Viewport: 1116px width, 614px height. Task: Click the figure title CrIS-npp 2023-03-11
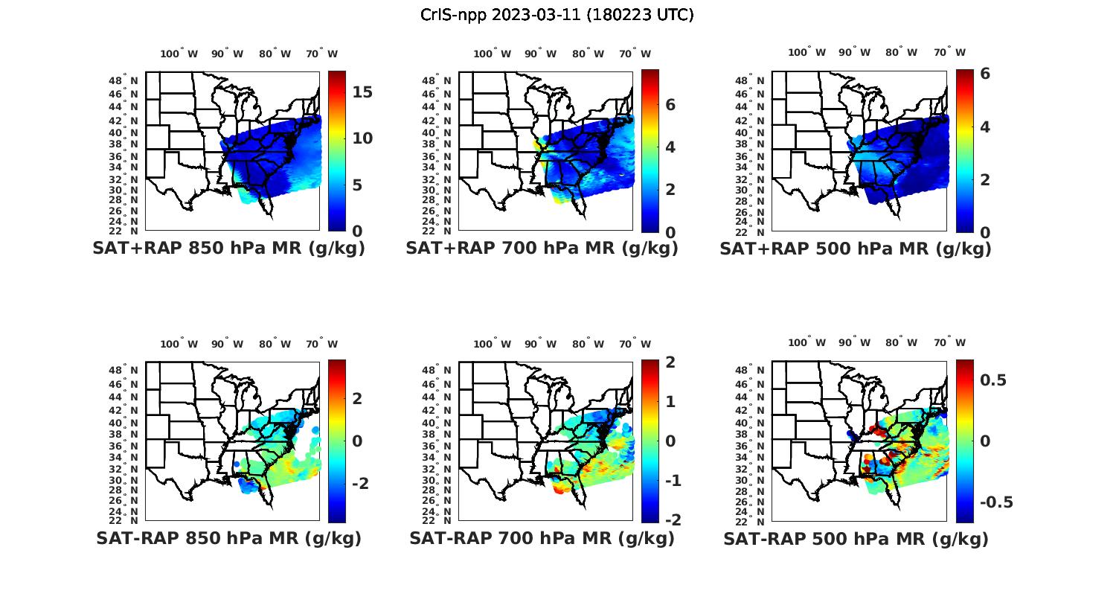557,15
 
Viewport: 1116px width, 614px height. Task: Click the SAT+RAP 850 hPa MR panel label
228,249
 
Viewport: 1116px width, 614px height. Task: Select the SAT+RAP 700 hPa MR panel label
542,249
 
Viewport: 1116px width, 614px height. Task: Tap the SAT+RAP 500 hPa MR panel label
855,249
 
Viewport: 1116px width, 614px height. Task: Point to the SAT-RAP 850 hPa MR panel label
228,538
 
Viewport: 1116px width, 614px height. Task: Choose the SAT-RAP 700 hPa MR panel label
542,538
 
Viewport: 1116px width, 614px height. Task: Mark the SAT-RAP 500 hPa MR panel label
856,539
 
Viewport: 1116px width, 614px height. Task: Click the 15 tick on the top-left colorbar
362,92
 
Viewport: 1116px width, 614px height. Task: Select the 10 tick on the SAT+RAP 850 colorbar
362,138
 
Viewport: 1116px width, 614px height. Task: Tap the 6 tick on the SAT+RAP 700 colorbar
670,105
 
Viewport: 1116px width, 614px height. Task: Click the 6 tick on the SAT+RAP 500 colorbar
985,74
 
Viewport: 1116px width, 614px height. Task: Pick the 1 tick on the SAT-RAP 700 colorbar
670,402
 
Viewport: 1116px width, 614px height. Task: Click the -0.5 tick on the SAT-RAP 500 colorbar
996,502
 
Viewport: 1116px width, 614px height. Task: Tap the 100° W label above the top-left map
179,54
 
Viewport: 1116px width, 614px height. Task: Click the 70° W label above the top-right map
950,52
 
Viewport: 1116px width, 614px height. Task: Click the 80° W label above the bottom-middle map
588,344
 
